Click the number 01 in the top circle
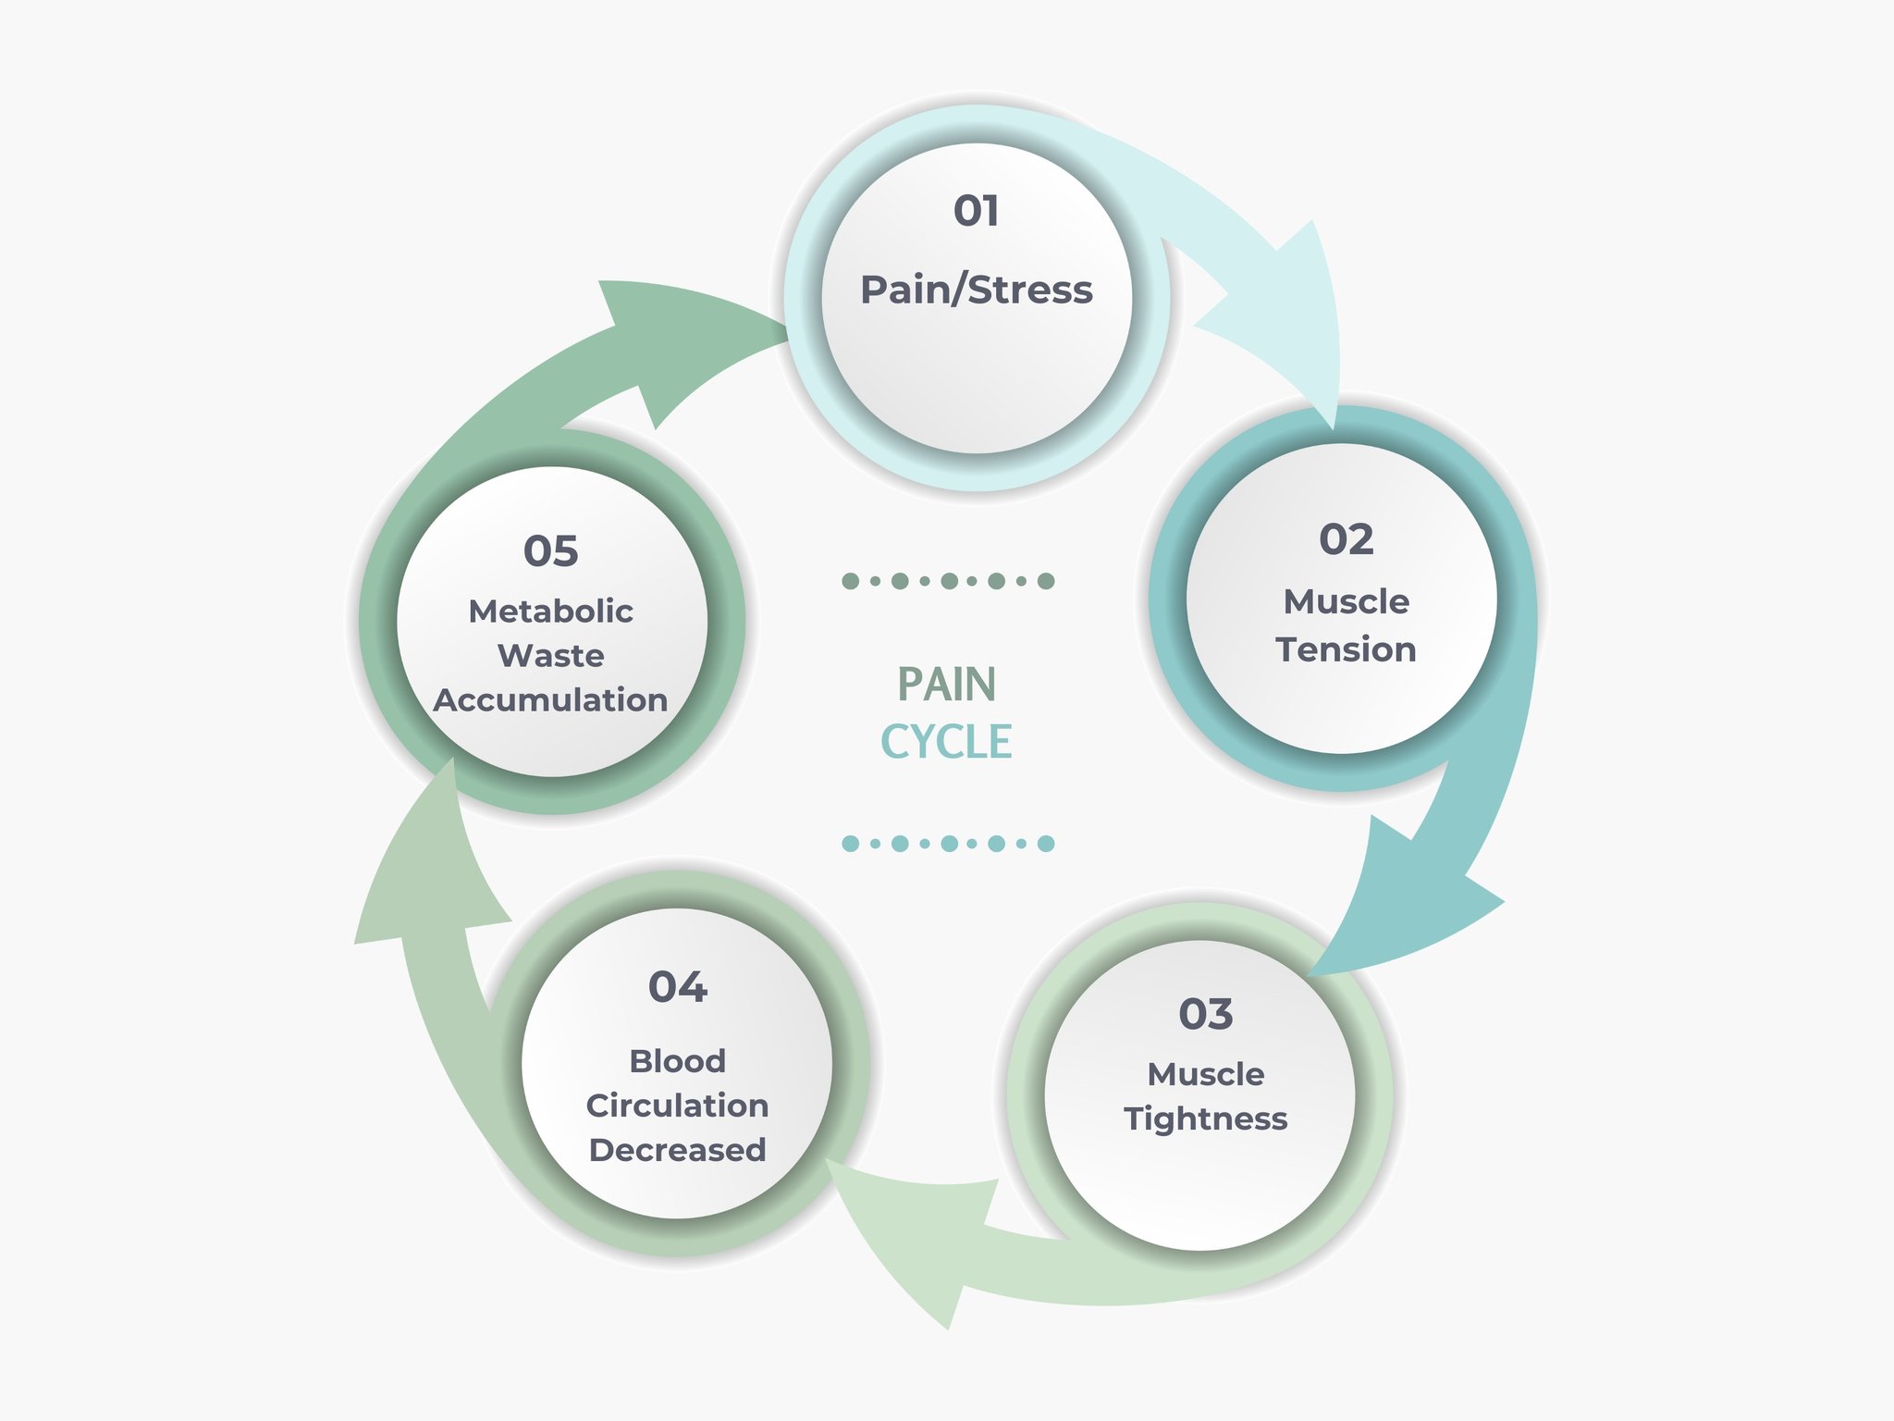coord(977,211)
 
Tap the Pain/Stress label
coord(977,290)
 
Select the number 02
coord(1347,539)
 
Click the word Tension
coord(1347,649)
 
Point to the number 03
coord(1206,1014)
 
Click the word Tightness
coord(1206,1119)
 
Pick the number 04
coord(678,987)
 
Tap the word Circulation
coord(678,1106)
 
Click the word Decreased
coord(678,1150)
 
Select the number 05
coord(551,551)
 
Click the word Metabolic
coord(551,612)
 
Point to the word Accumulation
coord(551,700)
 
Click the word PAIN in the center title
coord(947,686)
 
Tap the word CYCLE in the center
coord(947,743)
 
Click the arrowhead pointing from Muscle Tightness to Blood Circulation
coord(916,1230)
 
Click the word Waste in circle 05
coord(551,656)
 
